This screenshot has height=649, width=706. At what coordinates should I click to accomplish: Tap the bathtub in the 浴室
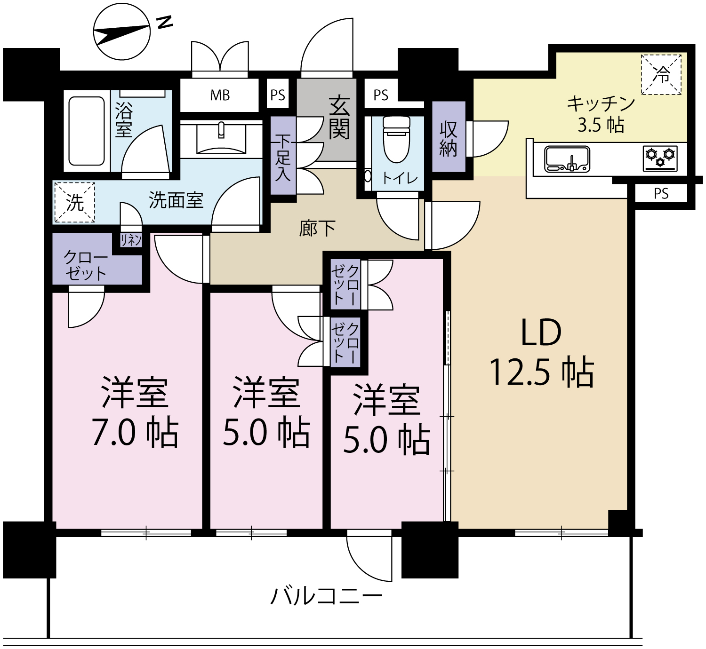(x=87, y=131)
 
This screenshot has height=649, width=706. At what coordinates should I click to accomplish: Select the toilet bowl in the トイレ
(x=396, y=140)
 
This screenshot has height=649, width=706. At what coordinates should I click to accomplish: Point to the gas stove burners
(x=660, y=158)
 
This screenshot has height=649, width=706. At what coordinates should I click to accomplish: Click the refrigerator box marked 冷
(x=661, y=74)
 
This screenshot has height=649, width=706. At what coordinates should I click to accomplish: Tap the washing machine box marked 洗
(x=75, y=202)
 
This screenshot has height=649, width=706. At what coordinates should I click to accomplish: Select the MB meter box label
(x=220, y=95)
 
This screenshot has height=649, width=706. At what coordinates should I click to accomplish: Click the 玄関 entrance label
(x=339, y=118)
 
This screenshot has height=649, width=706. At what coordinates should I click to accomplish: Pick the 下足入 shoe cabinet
(x=283, y=156)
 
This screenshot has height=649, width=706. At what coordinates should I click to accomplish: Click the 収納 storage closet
(x=449, y=137)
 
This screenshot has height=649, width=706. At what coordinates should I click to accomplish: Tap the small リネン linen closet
(x=131, y=240)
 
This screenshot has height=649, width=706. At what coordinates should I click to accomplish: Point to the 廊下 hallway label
(x=317, y=228)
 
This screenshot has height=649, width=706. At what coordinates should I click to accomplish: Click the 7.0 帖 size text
(x=135, y=432)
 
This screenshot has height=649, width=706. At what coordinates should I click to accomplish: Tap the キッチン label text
(x=601, y=104)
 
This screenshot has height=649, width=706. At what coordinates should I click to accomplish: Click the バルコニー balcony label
(x=326, y=596)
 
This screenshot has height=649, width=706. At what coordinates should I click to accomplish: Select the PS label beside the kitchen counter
(x=661, y=194)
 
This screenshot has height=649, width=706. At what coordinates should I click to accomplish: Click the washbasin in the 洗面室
(x=221, y=139)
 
